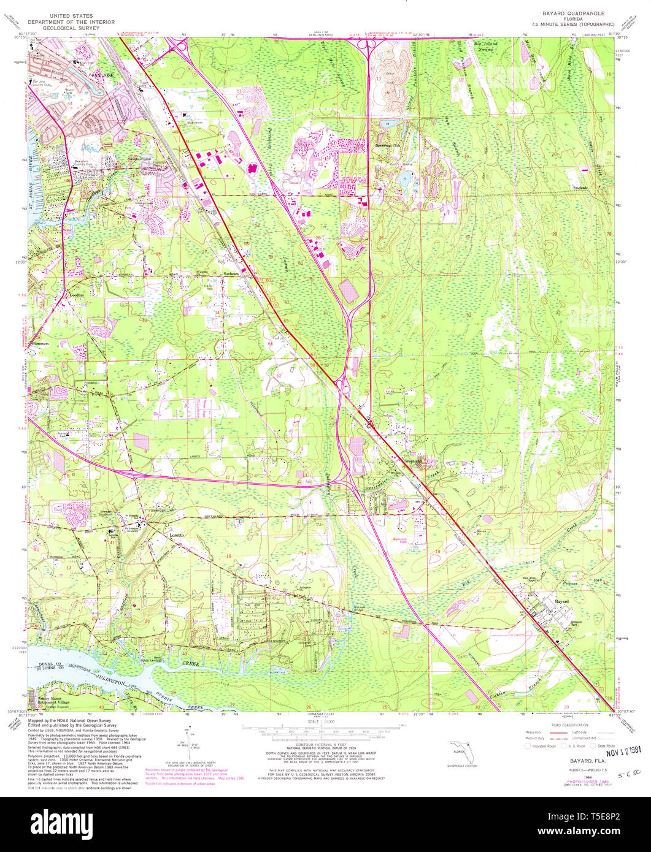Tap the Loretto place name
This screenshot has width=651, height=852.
point(177,535)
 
